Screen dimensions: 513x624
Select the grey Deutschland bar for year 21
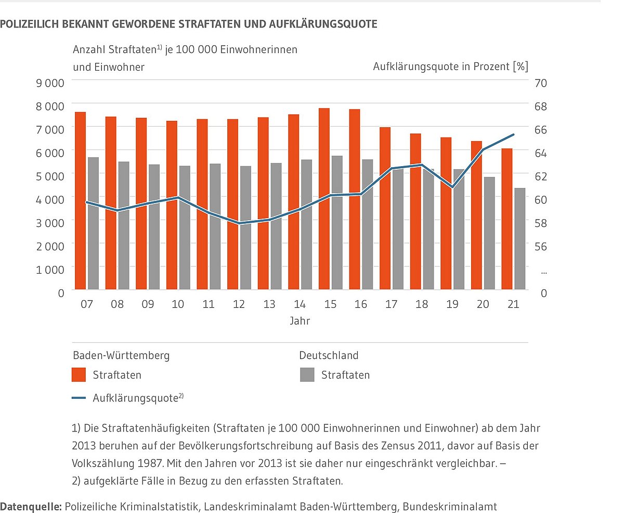point(520,238)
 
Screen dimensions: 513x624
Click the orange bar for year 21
point(507,219)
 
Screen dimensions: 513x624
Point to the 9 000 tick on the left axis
point(51,83)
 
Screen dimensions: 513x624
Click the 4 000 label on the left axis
point(51,199)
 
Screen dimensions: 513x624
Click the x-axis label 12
point(239,304)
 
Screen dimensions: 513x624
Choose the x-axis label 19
point(452,304)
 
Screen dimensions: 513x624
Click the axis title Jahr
point(300,321)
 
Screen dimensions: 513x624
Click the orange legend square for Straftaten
point(79,374)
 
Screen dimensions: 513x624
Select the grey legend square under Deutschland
point(307,374)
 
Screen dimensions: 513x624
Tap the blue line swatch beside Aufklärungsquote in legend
point(79,398)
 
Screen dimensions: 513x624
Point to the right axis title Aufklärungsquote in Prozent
point(450,66)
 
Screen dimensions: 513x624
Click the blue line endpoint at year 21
point(513,134)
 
